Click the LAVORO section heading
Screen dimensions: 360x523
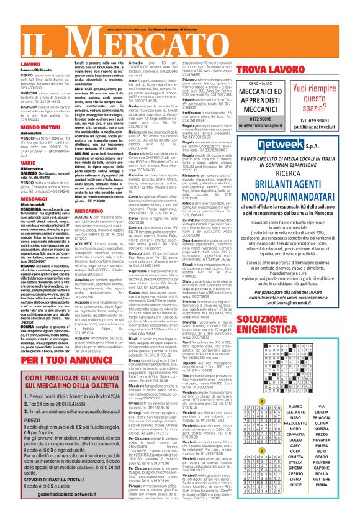[x=13, y=64]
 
